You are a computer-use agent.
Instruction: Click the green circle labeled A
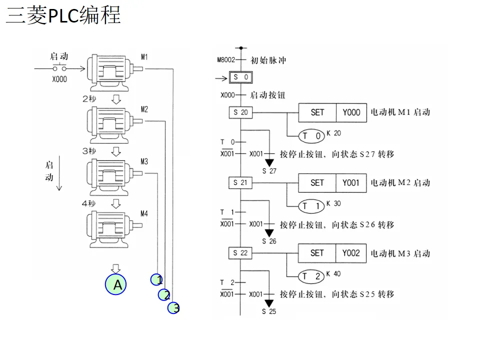click(x=115, y=284)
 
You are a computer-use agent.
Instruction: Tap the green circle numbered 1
click(x=157, y=279)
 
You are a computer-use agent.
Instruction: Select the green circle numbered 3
click(x=173, y=308)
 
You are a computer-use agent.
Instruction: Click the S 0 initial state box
click(x=240, y=77)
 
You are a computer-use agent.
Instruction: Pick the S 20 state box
click(x=240, y=112)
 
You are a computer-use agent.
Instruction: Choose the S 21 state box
click(x=240, y=183)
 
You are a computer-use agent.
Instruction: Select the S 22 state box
click(x=240, y=253)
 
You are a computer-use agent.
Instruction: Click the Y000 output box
click(x=351, y=112)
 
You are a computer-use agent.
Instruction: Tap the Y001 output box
click(x=351, y=183)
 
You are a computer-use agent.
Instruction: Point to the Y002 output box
click(x=351, y=253)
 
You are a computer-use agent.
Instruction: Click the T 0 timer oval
click(x=311, y=136)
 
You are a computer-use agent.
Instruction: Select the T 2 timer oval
click(x=311, y=276)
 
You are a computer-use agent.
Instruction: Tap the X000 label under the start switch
click(x=59, y=79)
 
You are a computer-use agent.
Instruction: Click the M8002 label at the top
click(x=225, y=60)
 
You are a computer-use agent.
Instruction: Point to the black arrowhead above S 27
click(x=269, y=162)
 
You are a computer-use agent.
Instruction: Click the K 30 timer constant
click(x=333, y=203)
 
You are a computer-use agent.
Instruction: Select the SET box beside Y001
click(x=317, y=183)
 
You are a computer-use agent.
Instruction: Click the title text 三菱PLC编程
click(x=63, y=15)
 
